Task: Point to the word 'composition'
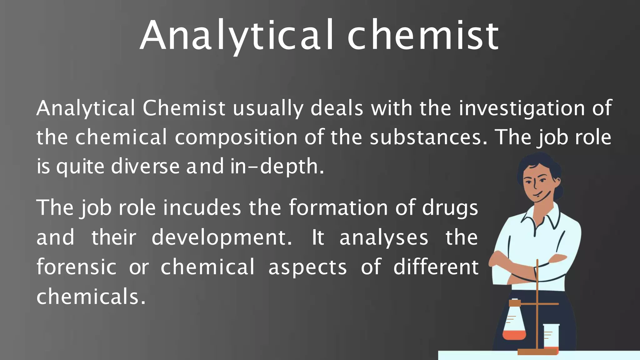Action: [x=236, y=138]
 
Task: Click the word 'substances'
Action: [x=428, y=137]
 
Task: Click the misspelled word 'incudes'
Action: [x=202, y=208]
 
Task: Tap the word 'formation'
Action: [x=338, y=207]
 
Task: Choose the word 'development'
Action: [x=222, y=238]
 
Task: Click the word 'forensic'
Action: [x=77, y=267]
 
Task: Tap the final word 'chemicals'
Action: [x=91, y=297]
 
